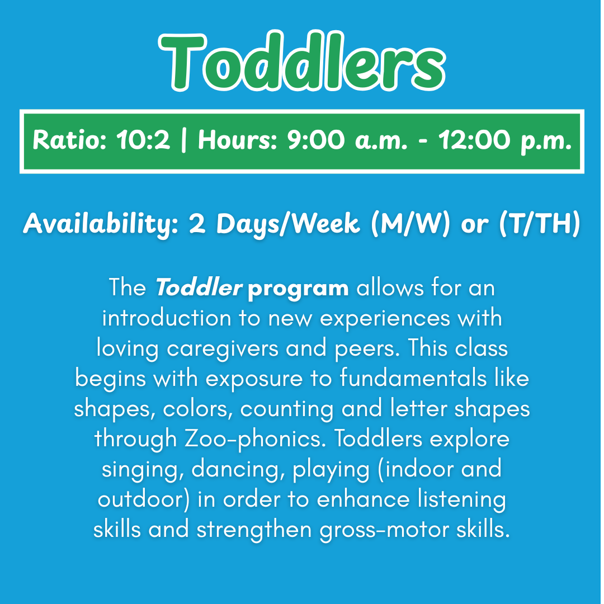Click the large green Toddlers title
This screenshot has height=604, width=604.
coord(302,63)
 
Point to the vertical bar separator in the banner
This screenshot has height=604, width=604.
coord(184,141)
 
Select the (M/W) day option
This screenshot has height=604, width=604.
coord(408,224)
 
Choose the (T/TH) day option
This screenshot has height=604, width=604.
coord(537,224)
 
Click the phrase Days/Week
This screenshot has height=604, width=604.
coord(288,224)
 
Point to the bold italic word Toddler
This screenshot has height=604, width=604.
coord(199,289)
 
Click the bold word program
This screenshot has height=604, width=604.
coord(298,289)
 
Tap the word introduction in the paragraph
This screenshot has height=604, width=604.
coord(166,319)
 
